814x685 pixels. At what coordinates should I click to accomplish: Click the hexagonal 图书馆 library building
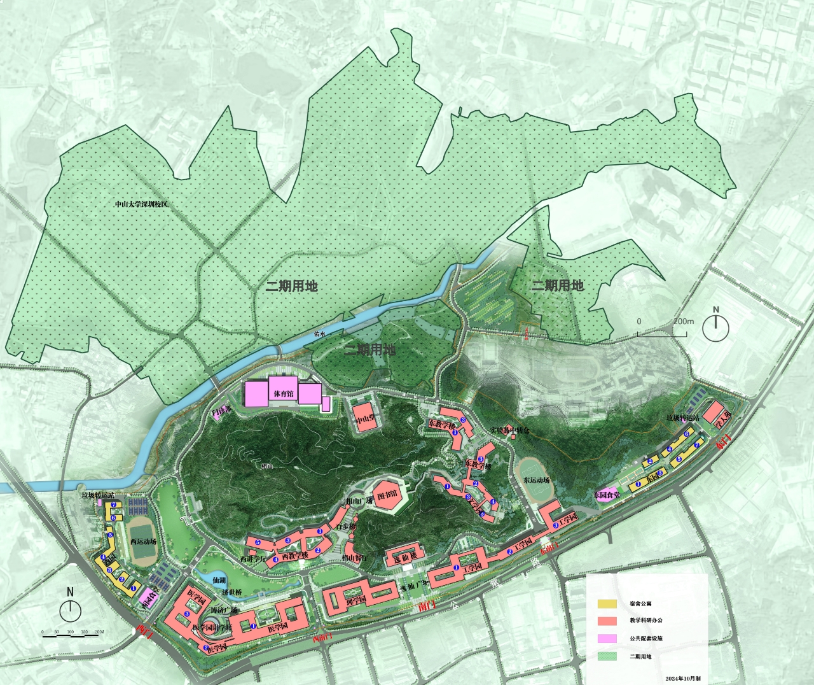pyautogui.click(x=387, y=496)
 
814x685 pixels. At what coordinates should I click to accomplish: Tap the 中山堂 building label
pyautogui.click(x=365, y=419)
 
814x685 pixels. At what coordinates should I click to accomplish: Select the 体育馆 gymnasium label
pyautogui.click(x=284, y=394)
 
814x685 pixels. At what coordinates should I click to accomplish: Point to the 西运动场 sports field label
pyautogui.click(x=143, y=542)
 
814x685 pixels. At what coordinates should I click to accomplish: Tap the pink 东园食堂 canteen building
pyautogui.click(x=606, y=495)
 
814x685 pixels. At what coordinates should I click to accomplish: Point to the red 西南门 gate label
pyautogui.click(x=322, y=638)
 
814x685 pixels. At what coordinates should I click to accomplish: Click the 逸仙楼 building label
pyautogui.click(x=404, y=557)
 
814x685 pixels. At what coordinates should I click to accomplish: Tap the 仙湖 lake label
pyautogui.click(x=219, y=581)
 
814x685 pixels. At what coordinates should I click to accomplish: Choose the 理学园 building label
pyautogui.click(x=355, y=600)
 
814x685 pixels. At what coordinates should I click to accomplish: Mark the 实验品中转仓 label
pyautogui.click(x=509, y=431)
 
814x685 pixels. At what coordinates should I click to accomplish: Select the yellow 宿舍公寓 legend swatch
pyautogui.click(x=607, y=603)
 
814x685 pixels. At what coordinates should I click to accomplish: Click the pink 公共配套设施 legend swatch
pyautogui.click(x=607, y=638)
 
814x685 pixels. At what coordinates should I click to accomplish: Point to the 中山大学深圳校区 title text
pyautogui.click(x=141, y=204)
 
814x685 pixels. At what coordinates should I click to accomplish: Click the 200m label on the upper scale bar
pyautogui.click(x=684, y=321)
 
